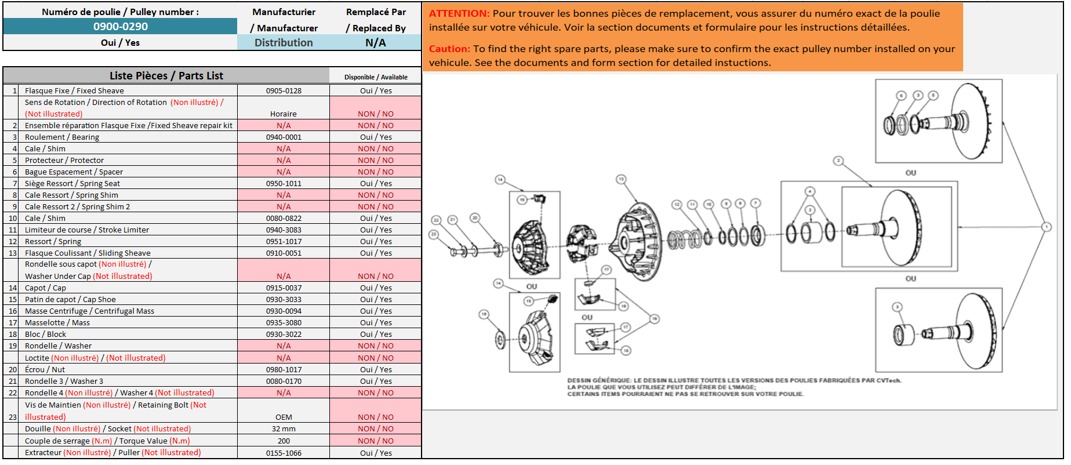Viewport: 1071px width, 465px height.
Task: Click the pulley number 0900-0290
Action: click(121, 26)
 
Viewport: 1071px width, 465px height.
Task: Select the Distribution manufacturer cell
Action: click(284, 42)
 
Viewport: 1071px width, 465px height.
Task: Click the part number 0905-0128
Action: click(284, 90)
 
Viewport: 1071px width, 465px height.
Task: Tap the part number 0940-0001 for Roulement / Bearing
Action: click(284, 137)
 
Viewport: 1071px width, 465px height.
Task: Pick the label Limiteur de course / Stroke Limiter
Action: click(87, 230)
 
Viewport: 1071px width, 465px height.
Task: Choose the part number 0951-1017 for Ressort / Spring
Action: click(284, 241)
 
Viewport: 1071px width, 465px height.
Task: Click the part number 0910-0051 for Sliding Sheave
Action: click(284, 253)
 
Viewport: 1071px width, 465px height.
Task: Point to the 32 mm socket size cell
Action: click(284, 428)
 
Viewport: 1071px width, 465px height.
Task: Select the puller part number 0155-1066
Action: click(284, 453)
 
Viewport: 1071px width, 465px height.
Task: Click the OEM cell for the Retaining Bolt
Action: click(284, 417)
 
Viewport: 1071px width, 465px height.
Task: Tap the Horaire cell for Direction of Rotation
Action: click(284, 114)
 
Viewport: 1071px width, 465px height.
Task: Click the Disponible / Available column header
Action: click(376, 77)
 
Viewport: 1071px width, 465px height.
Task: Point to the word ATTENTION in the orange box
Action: click(459, 13)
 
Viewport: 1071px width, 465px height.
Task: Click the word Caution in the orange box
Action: click(449, 49)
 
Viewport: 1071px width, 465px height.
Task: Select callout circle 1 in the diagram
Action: click(1046, 227)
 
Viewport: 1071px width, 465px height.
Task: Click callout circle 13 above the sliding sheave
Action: click(621, 179)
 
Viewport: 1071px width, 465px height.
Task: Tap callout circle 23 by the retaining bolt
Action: click(433, 234)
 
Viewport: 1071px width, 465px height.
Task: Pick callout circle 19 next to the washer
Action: click(484, 314)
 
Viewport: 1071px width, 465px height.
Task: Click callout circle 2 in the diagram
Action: click(838, 161)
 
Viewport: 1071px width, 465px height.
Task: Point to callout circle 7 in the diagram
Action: click(755, 203)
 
